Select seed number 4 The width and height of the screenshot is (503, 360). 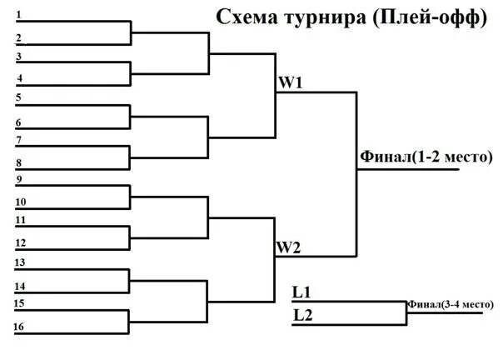19,77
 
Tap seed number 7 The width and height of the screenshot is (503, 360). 19,139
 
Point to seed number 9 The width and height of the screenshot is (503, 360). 19,179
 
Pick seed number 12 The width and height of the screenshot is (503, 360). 21,242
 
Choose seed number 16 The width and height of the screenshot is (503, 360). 19,326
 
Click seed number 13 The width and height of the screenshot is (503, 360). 21,262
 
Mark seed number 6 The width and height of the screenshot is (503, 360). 19,121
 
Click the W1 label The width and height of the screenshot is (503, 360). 289,83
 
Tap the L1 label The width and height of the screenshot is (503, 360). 301,292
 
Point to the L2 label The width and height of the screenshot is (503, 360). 301,315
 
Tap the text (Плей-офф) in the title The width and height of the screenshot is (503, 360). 429,17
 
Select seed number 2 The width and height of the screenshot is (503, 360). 19,37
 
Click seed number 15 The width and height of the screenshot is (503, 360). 19,303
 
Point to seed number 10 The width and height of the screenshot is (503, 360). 21,202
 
